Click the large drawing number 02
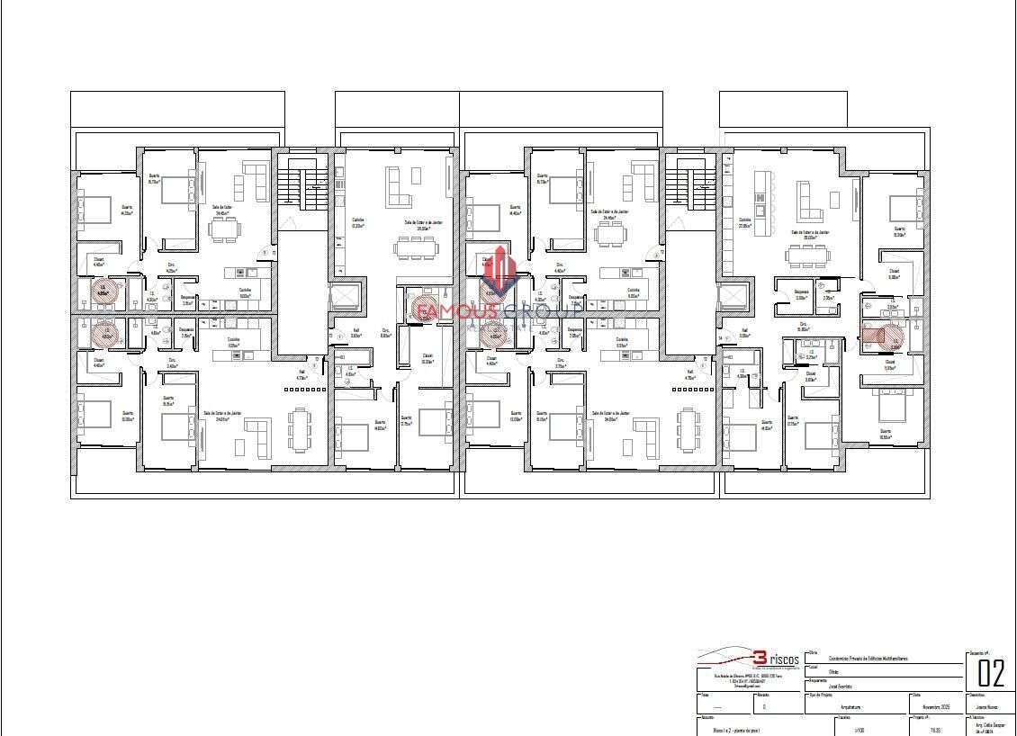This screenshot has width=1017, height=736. tap(990, 672)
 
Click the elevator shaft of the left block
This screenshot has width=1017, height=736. tap(343, 297)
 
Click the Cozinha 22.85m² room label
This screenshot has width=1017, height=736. tap(744, 221)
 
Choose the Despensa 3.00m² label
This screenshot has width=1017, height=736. tap(801, 294)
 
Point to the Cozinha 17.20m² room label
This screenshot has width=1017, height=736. tap(357, 222)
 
